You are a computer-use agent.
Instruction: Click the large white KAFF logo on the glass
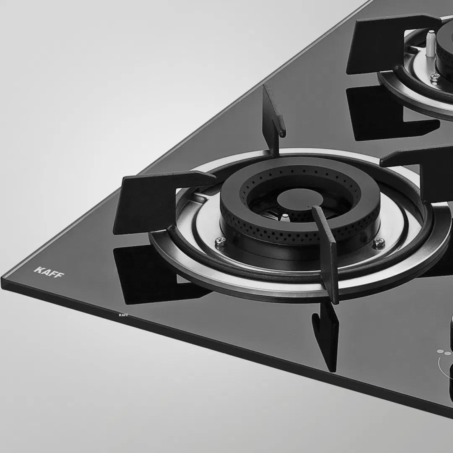point(49,272)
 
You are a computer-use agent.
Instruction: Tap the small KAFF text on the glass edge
point(123,315)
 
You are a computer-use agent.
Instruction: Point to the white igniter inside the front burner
point(284,218)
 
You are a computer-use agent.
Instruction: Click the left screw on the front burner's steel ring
point(220,242)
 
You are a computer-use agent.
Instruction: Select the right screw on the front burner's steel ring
point(379,242)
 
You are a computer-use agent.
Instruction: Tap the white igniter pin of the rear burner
point(430,43)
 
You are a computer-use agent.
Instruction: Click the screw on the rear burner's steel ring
point(435,77)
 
